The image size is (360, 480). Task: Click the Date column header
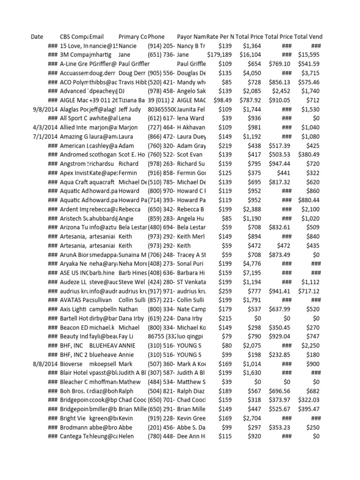coord(37,37)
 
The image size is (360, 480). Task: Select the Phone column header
coord(156,37)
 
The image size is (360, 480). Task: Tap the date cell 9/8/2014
coord(44,109)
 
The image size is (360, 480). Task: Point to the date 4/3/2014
coord(44,127)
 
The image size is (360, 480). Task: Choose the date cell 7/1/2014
coord(44,136)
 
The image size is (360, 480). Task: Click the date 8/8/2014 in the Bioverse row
coord(44,364)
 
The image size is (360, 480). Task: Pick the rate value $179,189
coord(219,55)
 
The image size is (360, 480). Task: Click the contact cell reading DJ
coord(122,91)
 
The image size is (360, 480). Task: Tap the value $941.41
coord(279,291)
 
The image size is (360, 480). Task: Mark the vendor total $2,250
coord(310,345)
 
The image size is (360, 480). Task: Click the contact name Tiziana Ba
coord(132,100)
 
